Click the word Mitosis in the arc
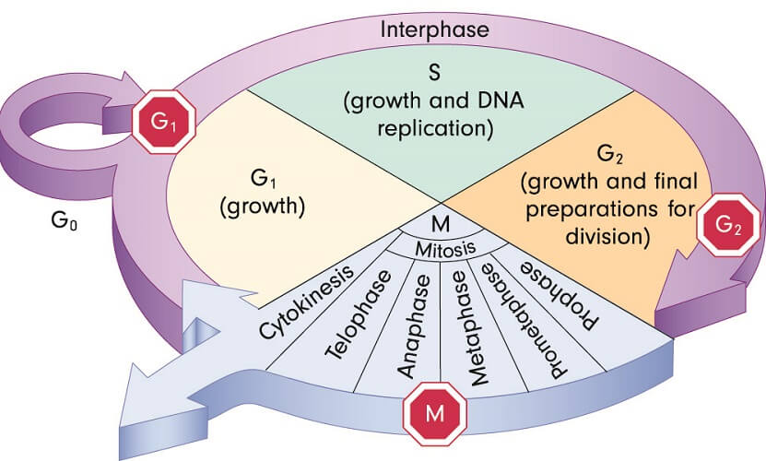[x=444, y=248]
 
